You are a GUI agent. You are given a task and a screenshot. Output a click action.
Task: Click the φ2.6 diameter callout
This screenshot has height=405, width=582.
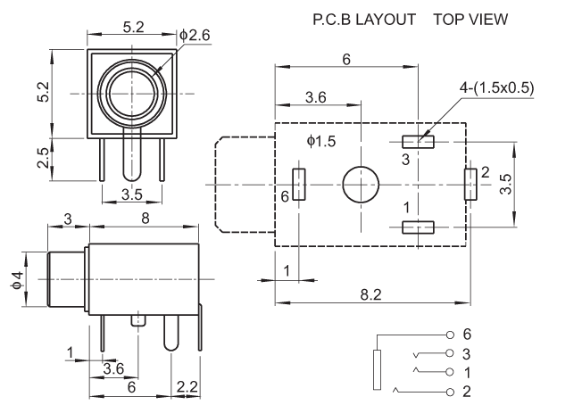click(x=195, y=35)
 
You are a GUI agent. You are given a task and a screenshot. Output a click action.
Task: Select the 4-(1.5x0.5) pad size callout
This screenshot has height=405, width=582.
click(x=495, y=88)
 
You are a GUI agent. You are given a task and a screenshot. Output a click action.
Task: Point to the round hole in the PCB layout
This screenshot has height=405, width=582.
click(x=361, y=184)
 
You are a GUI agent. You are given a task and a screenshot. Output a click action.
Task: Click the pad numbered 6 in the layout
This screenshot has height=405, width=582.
click(x=299, y=185)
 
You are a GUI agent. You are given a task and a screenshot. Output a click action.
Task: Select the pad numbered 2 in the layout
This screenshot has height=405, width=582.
click(x=468, y=184)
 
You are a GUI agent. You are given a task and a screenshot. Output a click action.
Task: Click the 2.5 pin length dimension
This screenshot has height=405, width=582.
click(x=43, y=158)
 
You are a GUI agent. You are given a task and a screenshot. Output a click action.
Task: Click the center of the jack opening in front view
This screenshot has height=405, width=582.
click(x=132, y=93)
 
